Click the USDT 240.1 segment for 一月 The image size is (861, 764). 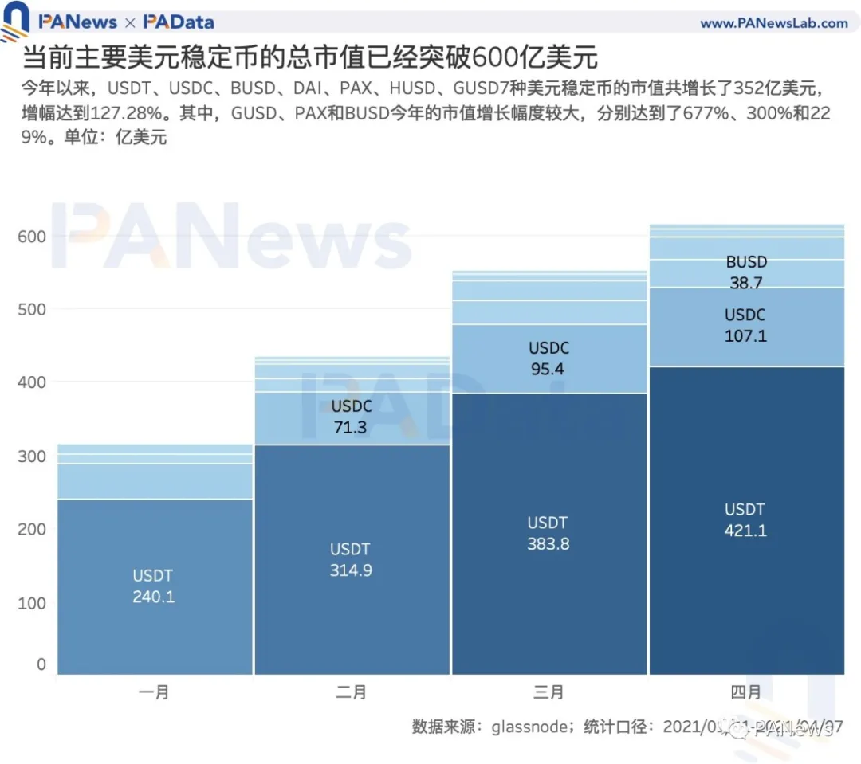pyautogui.click(x=153, y=586)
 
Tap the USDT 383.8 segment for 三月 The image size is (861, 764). pyautogui.click(x=548, y=533)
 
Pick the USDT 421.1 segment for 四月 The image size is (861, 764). pyautogui.click(x=745, y=519)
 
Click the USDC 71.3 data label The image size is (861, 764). pyautogui.click(x=352, y=417)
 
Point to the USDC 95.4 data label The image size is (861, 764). pyautogui.click(x=548, y=358)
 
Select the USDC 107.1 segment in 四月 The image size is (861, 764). pyautogui.click(x=745, y=325)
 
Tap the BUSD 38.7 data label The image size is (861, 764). pyautogui.click(x=746, y=272)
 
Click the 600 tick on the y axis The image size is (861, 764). pyautogui.click(x=32, y=237)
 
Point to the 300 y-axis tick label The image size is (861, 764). pyautogui.click(x=32, y=456)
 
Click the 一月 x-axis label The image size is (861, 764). pyautogui.click(x=153, y=692)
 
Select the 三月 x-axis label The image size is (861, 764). pyautogui.click(x=548, y=692)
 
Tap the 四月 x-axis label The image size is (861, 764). pyautogui.click(x=745, y=692)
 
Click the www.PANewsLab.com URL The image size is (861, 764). pyautogui.click(x=773, y=23)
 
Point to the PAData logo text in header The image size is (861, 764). pyautogui.click(x=179, y=22)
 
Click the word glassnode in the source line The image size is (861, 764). pyautogui.click(x=527, y=727)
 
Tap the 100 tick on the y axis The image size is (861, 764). pyautogui.click(x=32, y=603)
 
